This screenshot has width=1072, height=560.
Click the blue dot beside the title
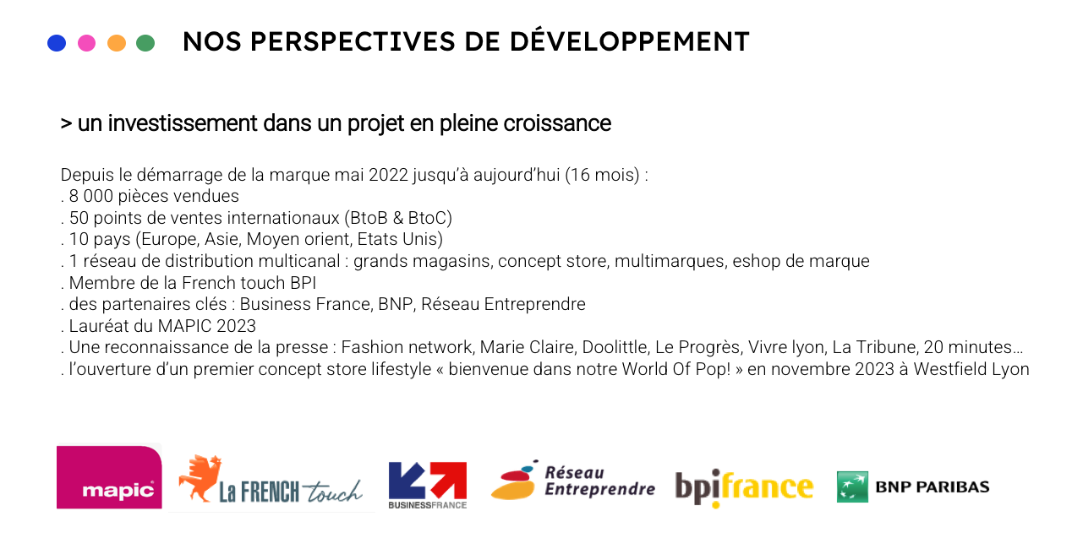click(x=57, y=42)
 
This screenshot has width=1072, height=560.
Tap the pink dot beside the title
click(x=86, y=42)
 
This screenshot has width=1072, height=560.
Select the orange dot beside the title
click(x=117, y=42)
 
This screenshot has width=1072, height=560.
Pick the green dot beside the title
click(x=145, y=42)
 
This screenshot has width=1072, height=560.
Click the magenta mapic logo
click(x=109, y=476)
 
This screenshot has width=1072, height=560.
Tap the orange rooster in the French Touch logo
click(x=200, y=478)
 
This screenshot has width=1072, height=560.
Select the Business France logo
click(x=428, y=485)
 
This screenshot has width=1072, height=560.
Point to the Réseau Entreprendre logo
click(x=573, y=480)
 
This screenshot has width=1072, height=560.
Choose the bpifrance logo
click(x=744, y=487)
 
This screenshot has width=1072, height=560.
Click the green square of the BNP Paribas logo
click(x=852, y=487)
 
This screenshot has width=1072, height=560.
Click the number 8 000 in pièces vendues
click(x=91, y=196)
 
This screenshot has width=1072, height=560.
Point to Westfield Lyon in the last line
click(x=971, y=369)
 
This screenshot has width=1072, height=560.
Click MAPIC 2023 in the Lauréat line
click(x=207, y=326)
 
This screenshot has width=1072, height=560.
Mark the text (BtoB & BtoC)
click(x=398, y=218)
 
